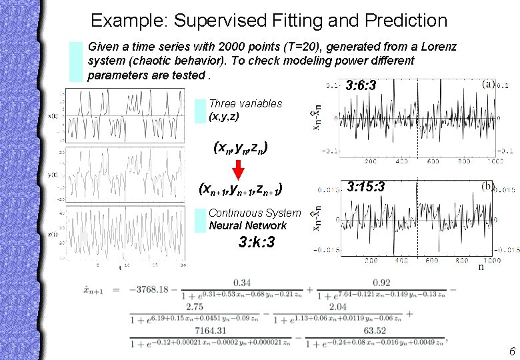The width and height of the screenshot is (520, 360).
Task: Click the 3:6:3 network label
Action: pyautogui.click(x=362, y=85)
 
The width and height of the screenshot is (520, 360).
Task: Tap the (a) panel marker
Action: pyautogui.click(x=488, y=85)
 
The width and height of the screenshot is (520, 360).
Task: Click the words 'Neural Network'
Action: pyautogui.click(x=247, y=225)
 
